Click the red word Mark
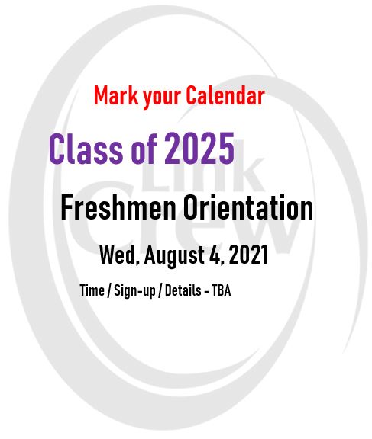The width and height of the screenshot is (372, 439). [116, 95]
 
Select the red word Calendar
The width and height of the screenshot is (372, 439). [225, 95]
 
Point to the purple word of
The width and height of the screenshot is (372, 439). [144, 149]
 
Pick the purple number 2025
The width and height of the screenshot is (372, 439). [199, 149]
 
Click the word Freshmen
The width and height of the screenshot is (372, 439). [118, 207]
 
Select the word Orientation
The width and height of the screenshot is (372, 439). [248, 207]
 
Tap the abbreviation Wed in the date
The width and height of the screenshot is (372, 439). [118, 255]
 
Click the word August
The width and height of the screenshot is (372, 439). [174, 256]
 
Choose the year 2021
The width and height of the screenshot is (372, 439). [248, 255]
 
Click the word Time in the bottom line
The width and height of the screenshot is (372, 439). [92, 290]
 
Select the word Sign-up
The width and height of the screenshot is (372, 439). [134, 291]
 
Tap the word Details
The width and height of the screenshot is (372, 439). [183, 290]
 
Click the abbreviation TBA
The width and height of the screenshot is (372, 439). [222, 290]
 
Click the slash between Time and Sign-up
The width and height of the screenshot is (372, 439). [109, 290]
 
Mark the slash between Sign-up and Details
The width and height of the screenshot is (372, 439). [160, 290]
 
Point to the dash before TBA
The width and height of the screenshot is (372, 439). [206, 291]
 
